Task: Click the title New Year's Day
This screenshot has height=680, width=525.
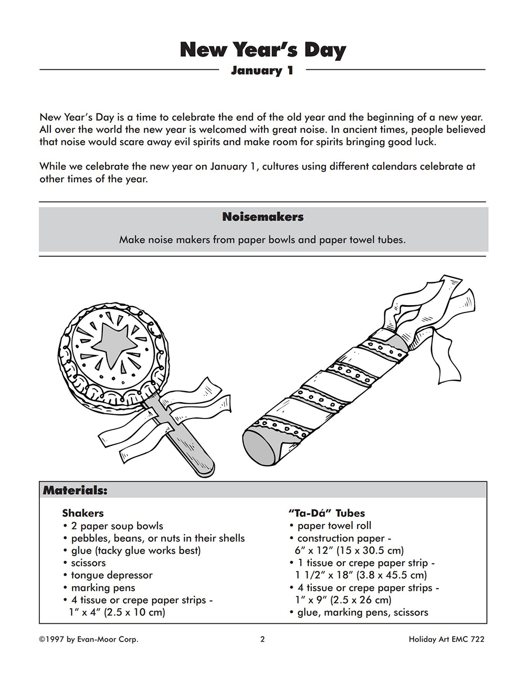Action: point(262,49)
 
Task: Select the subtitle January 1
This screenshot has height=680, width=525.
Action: point(262,70)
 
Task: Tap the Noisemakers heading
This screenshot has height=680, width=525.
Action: point(262,217)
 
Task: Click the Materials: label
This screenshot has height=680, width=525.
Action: point(75,490)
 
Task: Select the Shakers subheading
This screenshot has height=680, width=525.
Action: point(83,513)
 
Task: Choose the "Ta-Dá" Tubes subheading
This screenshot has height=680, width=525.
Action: point(327,513)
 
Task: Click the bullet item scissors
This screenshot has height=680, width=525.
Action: point(88,563)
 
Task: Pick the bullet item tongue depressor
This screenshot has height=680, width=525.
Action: point(112,575)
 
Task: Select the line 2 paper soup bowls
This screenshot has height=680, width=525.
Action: point(117,526)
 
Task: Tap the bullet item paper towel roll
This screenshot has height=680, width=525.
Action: point(334,526)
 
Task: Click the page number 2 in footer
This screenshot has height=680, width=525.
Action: point(262,639)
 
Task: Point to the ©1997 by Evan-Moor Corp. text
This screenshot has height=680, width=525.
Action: point(89,639)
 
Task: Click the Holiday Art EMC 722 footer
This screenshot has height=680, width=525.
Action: point(446,639)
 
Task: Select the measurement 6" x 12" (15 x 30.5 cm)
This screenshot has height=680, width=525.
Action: point(349,550)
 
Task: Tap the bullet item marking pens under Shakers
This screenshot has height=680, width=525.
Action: point(103,588)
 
